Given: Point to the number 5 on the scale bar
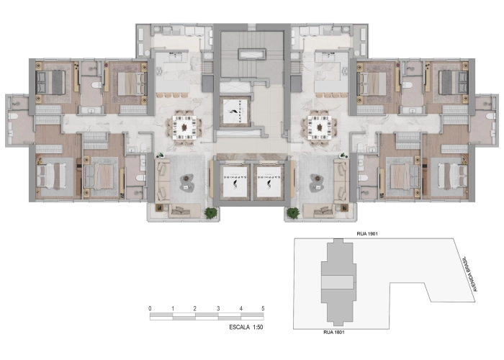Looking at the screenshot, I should [x=263, y=308].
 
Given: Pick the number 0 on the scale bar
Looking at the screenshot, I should [x=150, y=308].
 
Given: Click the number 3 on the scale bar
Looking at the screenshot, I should [x=218, y=308].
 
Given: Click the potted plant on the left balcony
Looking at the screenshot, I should [x=210, y=212].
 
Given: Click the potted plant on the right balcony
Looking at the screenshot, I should [x=293, y=212].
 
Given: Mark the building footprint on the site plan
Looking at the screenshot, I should [x=338, y=283].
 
